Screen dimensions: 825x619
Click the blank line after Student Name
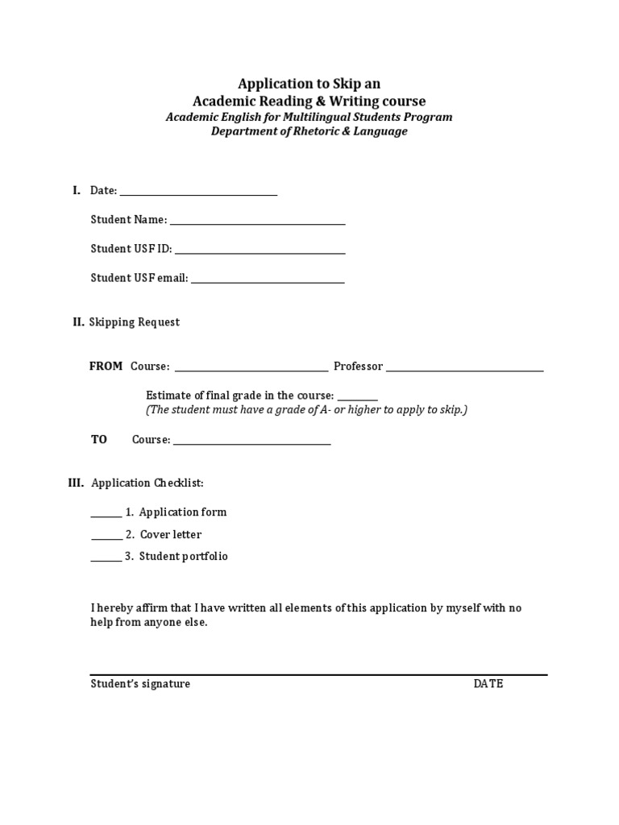[257, 223]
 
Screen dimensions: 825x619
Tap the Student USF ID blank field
[260, 252]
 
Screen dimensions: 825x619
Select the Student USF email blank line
[268, 281]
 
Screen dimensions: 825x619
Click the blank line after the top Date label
[198, 194]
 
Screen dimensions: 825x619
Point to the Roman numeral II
[78, 322]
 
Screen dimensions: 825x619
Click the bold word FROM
[106, 367]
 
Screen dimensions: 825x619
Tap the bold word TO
[98, 440]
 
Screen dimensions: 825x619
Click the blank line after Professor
[465, 370]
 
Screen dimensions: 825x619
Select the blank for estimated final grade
[357, 399]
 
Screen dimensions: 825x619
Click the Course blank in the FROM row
[251, 370]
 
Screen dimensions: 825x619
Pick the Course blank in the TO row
[252, 443]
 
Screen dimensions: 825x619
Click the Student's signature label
[140, 684]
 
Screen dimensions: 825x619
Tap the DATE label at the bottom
[488, 684]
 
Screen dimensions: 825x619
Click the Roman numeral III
[76, 483]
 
